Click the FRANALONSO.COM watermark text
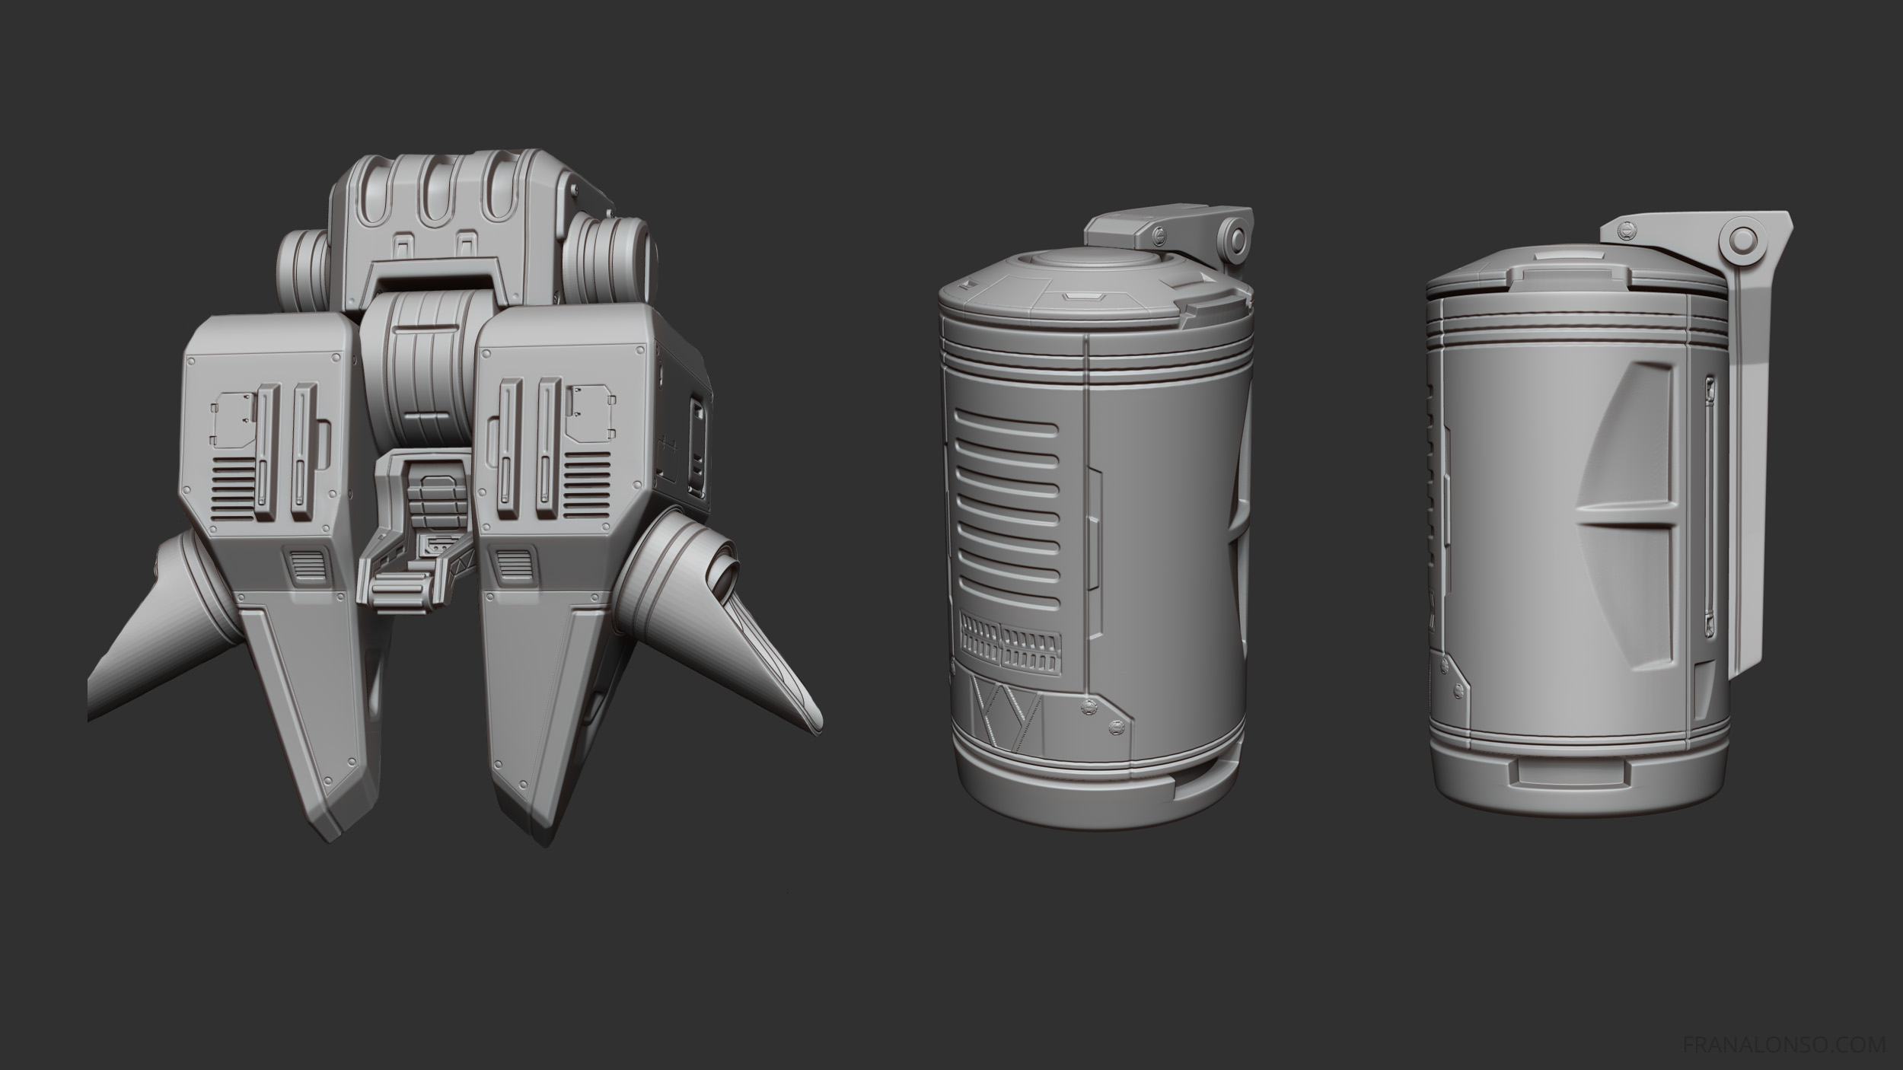(1780, 1043)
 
